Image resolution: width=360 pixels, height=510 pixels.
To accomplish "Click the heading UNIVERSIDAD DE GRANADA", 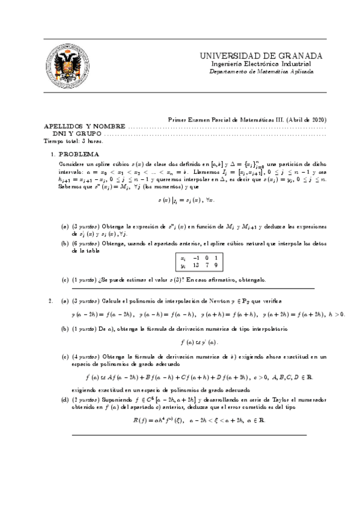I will pyautogui.click(x=261, y=56).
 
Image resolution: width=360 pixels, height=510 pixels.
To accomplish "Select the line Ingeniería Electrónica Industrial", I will pyautogui.click(x=261, y=64).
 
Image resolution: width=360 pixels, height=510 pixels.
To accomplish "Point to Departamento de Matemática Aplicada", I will pyautogui.click(x=261, y=71).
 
